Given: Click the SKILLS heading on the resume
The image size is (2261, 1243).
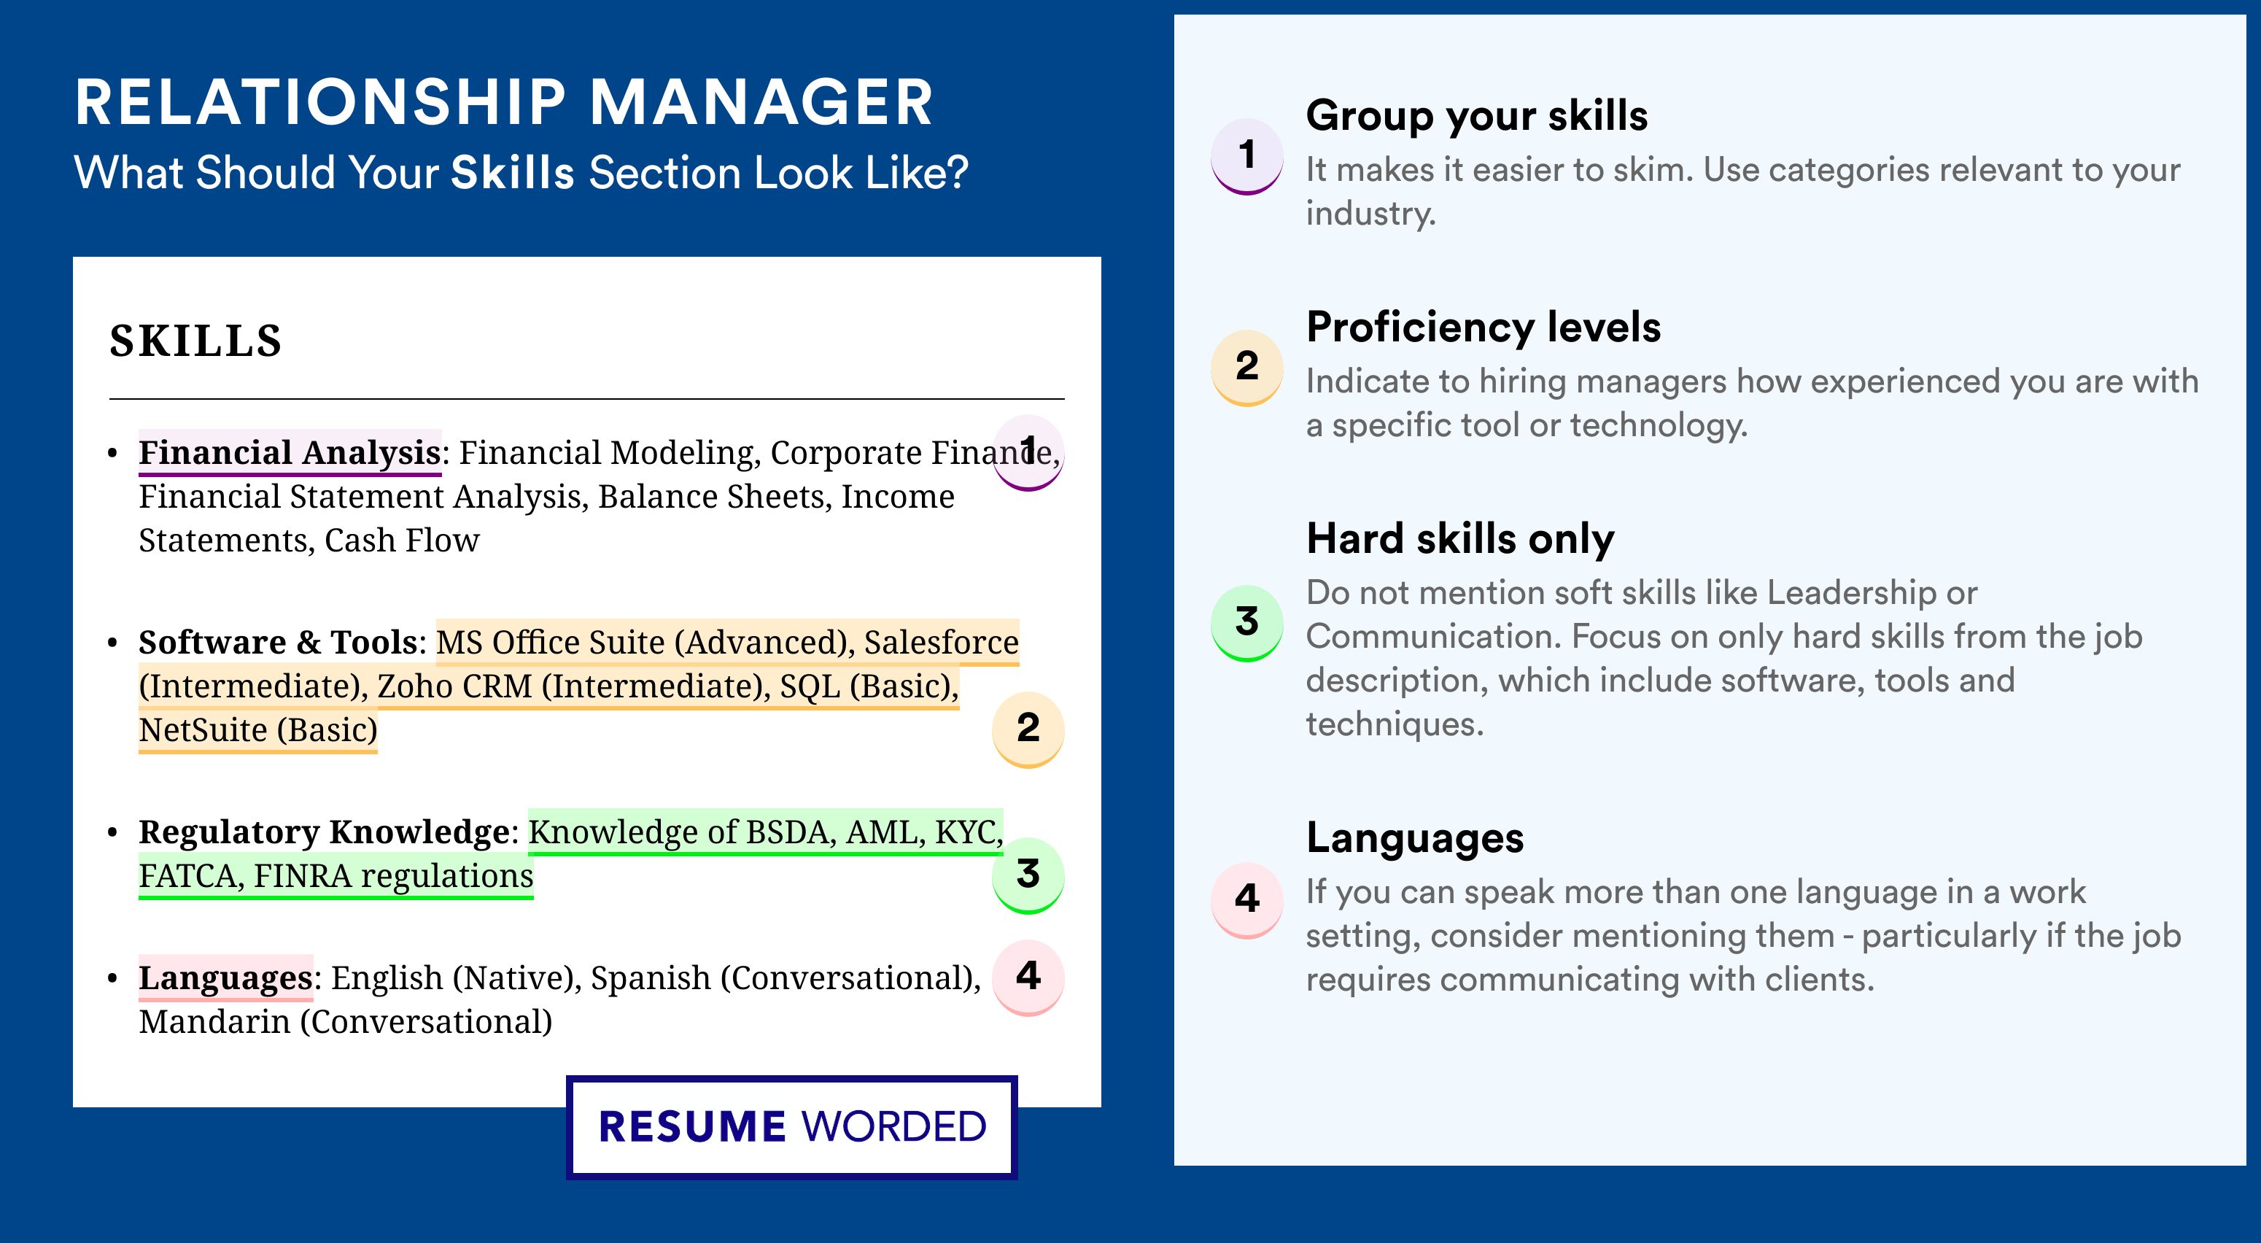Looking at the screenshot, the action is (x=195, y=341).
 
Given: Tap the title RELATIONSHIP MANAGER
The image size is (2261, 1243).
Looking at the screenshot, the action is (x=504, y=102).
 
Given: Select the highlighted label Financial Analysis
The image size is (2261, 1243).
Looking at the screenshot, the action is (x=290, y=452).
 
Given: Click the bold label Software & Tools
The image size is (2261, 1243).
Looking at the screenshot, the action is (x=277, y=642).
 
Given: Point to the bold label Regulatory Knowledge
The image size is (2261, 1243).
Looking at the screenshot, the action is (x=324, y=832).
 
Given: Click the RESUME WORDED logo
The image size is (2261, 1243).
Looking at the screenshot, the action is (x=791, y=1127).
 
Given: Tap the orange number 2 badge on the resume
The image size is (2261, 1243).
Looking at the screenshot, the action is (x=1028, y=729).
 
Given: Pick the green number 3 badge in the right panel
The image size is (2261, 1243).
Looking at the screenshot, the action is (x=1246, y=622).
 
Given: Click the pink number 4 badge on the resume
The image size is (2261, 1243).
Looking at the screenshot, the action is (x=1028, y=977).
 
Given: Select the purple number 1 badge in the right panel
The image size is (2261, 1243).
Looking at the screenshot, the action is (x=1246, y=155).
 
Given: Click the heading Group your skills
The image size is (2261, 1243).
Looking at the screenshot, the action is (x=1476, y=116).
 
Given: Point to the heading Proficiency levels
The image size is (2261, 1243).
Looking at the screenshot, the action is (x=1484, y=328).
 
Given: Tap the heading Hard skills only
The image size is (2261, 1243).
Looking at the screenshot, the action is (x=1459, y=539).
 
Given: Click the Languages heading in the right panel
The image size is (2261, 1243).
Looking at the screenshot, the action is (x=1415, y=838).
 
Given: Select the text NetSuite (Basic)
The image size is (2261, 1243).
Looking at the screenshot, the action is (x=258, y=730).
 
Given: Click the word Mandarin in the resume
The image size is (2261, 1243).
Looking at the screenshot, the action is (x=214, y=1022).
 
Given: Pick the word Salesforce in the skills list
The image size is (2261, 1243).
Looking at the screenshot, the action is (x=941, y=642).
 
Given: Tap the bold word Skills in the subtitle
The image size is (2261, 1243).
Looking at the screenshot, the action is (x=513, y=173).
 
